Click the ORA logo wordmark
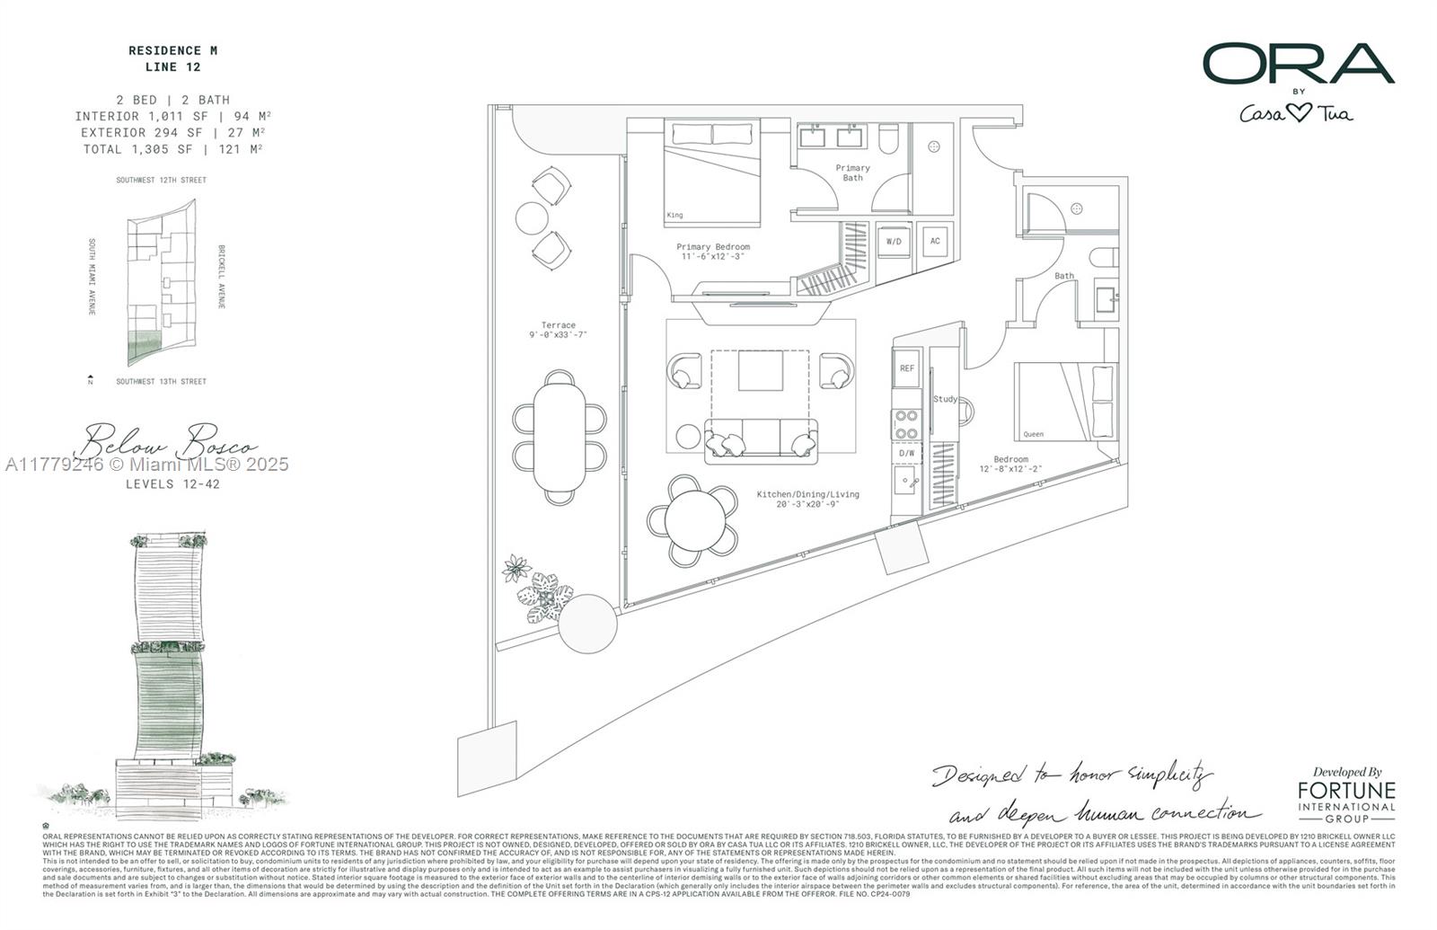[x=1298, y=64]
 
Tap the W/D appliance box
[x=894, y=242]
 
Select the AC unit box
[x=935, y=241]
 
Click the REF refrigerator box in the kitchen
[x=907, y=368]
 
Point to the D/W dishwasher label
[x=906, y=453]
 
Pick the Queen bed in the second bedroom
[x=1066, y=402]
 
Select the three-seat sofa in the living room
[x=762, y=438]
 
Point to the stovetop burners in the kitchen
[x=906, y=425]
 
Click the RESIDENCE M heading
[x=172, y=50]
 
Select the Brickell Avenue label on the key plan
[x=221, y=277]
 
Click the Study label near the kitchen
[x=945, y=399]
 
